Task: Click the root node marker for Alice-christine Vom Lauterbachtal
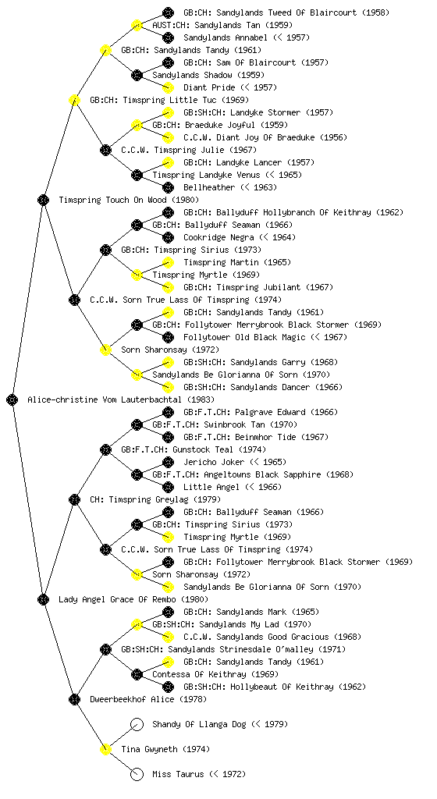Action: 12,399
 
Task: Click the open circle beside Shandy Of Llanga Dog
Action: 137,724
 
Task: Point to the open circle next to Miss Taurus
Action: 137,774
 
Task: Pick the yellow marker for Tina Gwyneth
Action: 105,749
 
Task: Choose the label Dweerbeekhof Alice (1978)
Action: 148,699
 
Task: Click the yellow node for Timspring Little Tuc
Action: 74,100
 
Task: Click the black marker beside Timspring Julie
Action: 105,150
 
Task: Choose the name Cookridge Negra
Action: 218,237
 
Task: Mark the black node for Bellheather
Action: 168,187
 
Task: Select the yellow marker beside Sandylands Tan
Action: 137,25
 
